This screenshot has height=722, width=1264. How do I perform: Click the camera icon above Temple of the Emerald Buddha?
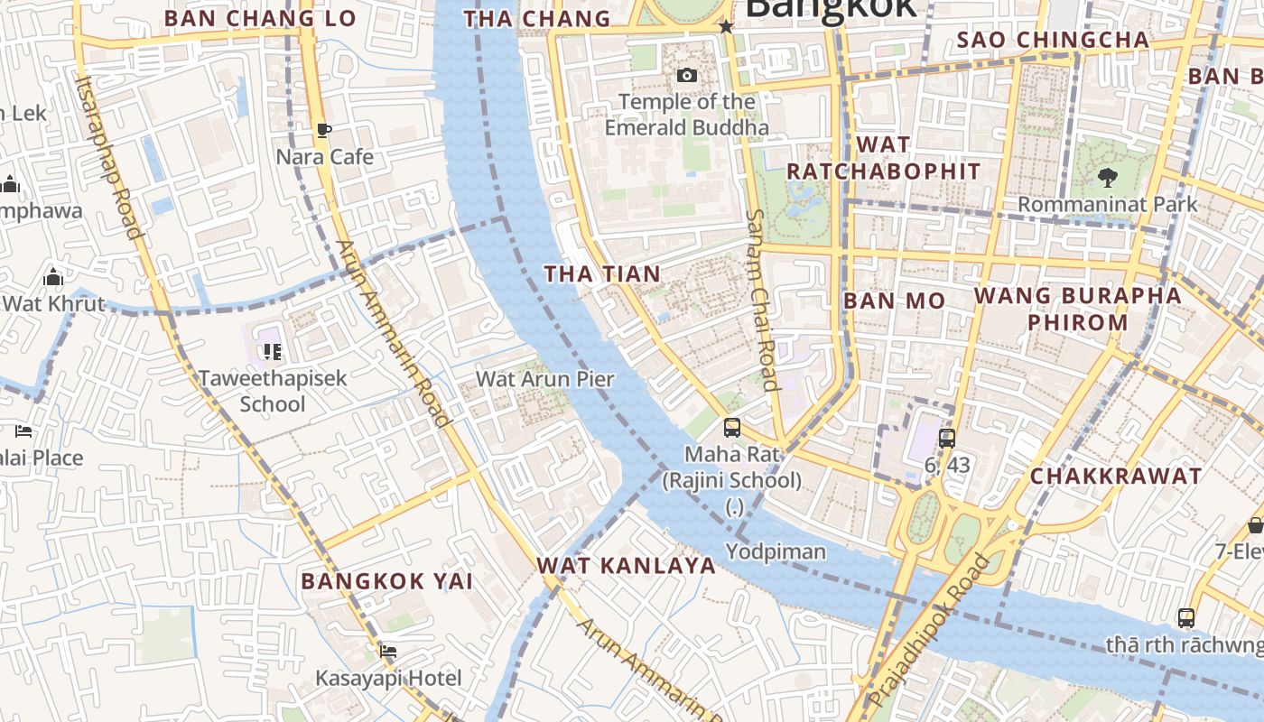[687, 75]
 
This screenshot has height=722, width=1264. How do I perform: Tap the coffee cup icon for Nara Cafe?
[323, 131]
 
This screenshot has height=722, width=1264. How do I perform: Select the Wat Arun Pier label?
[544, 379]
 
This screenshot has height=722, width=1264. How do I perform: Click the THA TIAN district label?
[602, 273]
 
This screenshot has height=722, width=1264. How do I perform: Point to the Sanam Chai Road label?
[763, 301]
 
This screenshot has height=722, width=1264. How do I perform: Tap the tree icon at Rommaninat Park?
[1107, 177]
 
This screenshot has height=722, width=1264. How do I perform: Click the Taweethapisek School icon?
[272, 351]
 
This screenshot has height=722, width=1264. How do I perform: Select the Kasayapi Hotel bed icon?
[388, 651]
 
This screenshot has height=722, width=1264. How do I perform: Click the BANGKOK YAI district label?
[387, 581]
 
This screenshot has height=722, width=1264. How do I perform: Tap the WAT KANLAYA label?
[626, 566]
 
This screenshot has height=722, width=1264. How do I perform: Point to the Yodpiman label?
[776, 551]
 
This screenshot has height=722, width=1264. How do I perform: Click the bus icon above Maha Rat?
[732, 428]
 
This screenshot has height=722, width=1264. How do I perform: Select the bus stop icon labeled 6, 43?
[946, 440]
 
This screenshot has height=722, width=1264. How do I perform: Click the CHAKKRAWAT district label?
[1116, 476]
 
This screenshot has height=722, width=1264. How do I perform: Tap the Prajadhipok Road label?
[928, 629]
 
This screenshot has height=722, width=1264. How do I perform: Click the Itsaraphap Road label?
[109, 157]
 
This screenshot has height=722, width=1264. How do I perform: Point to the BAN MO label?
[894, 301]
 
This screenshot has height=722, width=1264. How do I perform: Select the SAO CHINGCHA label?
[1053, 40]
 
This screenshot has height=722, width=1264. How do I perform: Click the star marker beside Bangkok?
[726, 27]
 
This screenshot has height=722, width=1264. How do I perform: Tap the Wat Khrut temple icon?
[53, 277]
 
